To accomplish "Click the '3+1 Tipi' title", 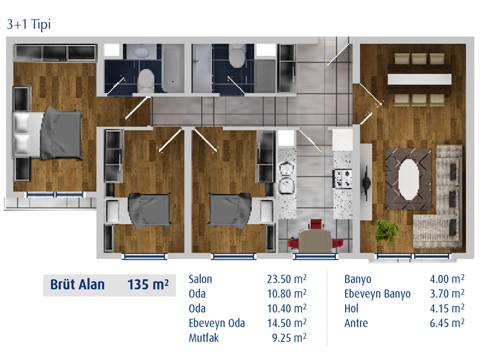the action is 28,24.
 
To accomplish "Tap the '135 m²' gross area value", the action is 148,284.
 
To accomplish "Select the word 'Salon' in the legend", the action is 200,279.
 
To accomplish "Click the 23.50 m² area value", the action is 287,279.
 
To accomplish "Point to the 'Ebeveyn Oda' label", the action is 217,323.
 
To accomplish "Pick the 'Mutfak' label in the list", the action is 204,338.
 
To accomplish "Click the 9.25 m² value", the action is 289,338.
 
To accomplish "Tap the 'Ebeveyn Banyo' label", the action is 377,294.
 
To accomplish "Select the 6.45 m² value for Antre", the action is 447,323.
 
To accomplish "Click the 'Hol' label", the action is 351,308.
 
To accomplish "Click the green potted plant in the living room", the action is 386,230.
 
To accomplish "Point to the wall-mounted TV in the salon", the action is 366,183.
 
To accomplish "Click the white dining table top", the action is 419,79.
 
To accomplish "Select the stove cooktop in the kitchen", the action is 342,178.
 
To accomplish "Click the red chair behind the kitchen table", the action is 316,224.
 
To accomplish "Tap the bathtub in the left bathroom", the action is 172,68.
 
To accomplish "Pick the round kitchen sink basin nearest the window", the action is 287,185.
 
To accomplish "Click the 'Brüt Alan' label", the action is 77,284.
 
